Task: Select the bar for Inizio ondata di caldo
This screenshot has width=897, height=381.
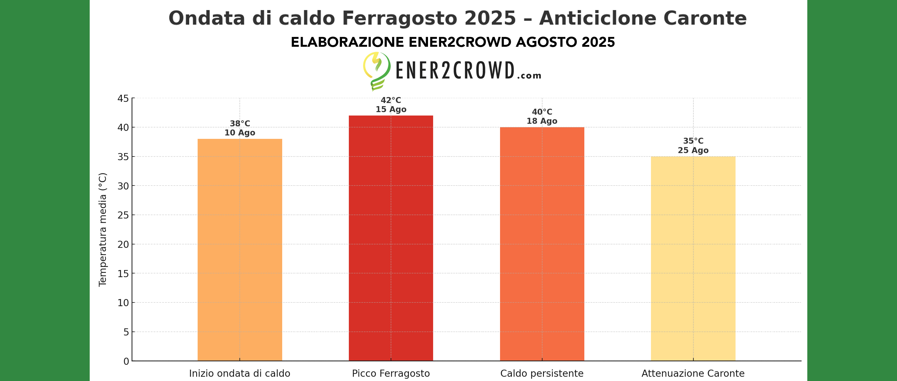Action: point(239,250)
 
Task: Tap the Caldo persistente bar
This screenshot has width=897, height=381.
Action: point(542,244)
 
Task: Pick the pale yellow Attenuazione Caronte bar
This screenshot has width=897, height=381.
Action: point(693,259)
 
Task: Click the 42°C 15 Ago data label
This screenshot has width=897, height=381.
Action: point(391,105)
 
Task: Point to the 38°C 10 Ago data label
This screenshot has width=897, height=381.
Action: point(239,128)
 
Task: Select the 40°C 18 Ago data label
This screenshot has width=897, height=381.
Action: point(542,117)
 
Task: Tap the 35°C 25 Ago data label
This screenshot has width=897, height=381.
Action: point(693,146)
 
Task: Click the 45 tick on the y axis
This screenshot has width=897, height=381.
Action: point(123,98)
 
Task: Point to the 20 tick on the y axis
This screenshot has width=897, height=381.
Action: point(123,244)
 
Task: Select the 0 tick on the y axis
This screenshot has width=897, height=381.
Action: point(126,361)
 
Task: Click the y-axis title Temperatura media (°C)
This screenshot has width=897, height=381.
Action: point(103,230)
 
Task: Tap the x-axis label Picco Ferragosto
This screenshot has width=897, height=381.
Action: point(391,373)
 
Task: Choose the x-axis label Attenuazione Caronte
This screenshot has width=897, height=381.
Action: point(693,373)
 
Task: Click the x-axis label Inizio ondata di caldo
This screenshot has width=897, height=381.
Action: point(239,373)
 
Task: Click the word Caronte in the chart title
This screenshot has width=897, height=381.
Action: point(705,18)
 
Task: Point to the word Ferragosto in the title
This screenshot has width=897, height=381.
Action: point(400,18)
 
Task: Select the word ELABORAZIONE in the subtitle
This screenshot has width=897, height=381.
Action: point(347,42)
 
